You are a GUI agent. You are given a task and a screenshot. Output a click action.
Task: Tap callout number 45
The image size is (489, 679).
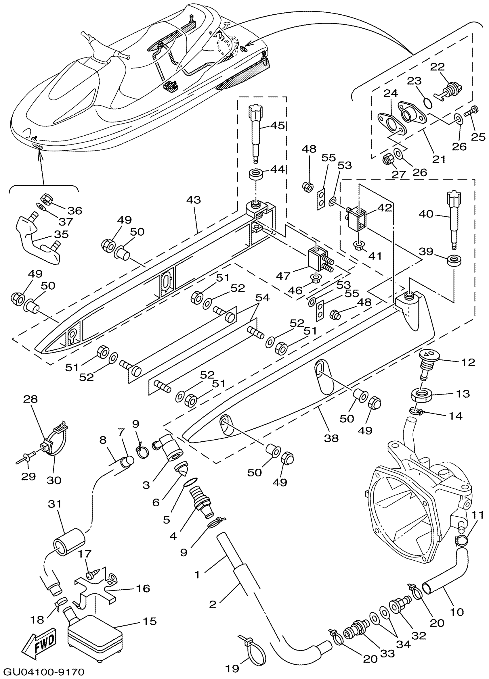coord(277,126)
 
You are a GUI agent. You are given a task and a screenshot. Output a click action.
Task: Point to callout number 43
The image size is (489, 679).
coord(193,200)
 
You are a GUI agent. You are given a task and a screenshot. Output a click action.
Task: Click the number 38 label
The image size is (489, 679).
coord(331,438)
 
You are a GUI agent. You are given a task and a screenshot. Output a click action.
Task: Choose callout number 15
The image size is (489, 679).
coord(150,621)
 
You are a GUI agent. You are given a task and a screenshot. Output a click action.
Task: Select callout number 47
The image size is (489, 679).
coord(283,276)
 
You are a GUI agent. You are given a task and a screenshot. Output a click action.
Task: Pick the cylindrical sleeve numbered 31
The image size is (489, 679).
coord(69,542)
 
